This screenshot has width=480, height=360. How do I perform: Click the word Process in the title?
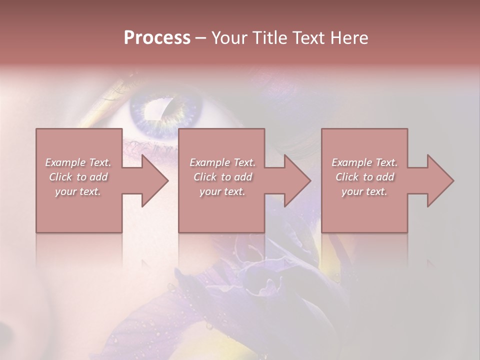tap(157, 38)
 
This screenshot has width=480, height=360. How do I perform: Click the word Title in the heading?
tap(266, 38)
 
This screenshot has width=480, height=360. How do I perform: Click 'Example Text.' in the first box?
tap(78, 162)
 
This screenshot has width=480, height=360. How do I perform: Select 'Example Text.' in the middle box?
tap(222, 162)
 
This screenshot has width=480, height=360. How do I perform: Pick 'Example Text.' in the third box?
tap(364, 162)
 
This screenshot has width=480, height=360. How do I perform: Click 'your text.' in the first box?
tap(78, 191)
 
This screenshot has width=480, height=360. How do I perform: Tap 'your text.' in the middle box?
tap(222, 191)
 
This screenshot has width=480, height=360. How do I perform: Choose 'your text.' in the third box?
tap(364, 191)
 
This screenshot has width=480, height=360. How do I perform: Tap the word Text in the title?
tap(306, 38)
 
